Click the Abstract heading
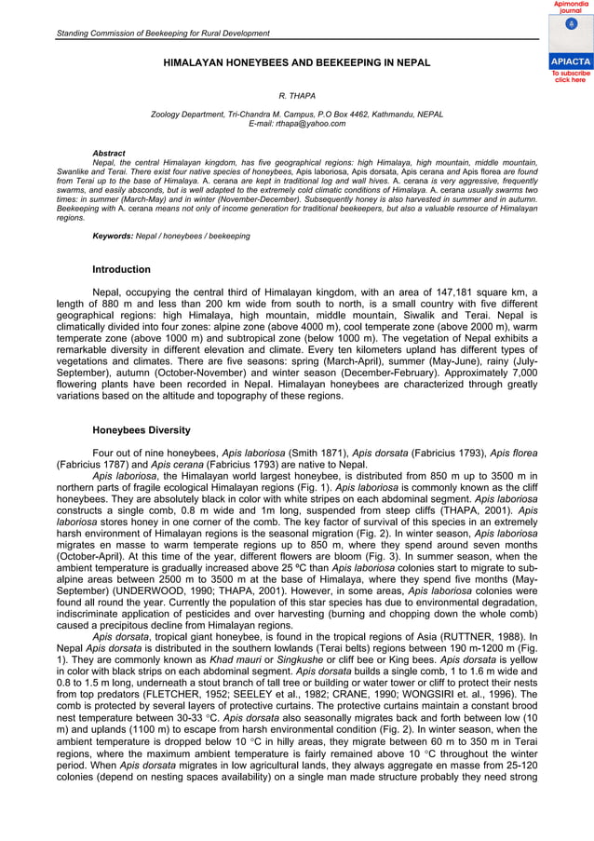(x=109, y=153)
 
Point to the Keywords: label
(x=113, y=236)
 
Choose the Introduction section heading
(x=121, y=270)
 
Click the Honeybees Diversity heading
(x=142, y=430)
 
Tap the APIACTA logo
(x=570, y=61)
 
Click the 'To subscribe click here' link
(x=570, y=76)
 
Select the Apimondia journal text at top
(x=570, y=7)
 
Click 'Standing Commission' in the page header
(x=98, y=34)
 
